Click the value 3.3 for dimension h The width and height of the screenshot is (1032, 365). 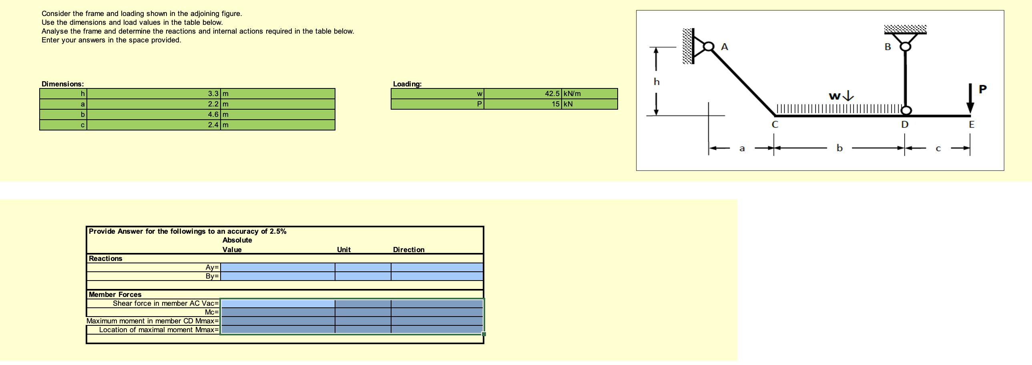tap(213, 94)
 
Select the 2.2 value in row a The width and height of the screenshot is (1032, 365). tap(213, 104)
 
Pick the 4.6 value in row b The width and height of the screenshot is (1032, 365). tap(213, 114)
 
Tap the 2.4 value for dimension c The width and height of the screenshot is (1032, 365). tap(213, 125)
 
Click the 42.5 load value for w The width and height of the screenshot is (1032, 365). tap(552, 94)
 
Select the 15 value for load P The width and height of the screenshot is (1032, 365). tap(555, 104)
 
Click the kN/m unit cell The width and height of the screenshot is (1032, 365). tap(572, 94)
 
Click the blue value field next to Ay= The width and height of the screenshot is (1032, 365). tap(277, 267)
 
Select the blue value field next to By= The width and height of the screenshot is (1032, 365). tap(277, 276)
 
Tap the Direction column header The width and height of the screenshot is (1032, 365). tap(408, 250)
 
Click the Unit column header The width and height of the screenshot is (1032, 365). tap(343, 250)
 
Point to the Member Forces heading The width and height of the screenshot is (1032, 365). tap(115, 295)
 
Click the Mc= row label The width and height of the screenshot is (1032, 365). tap(211, 312)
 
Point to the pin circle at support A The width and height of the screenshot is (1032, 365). tap(708, 46)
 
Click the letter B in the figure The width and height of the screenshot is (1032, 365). tap(887, 47)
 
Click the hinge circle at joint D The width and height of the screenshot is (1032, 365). tap(906, 110)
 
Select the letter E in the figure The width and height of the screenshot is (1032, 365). tap(971, 124)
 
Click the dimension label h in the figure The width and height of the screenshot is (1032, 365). tap(656, 82)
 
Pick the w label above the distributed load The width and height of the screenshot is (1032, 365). tap(835, 96)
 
